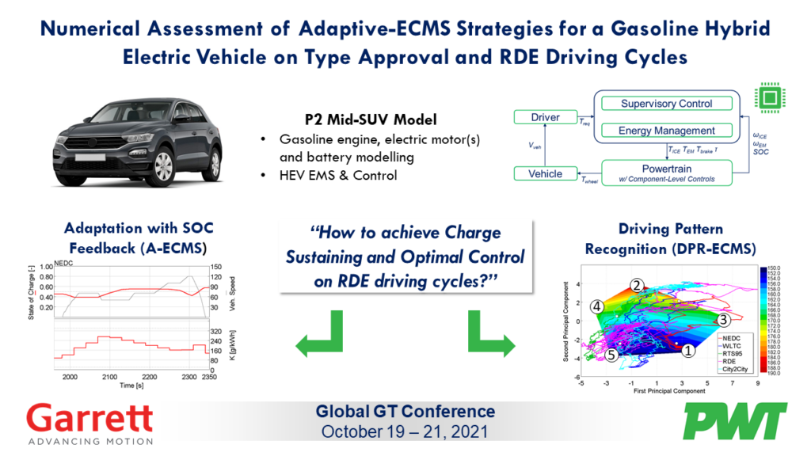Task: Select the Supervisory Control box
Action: click(x=666, y=104)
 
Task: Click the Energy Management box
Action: click(x=666, y=130)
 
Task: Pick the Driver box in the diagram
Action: click(x=544, y=117)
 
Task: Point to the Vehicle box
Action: click(x=544, y=173)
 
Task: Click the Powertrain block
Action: click(x=666, y=173)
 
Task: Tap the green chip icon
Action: click(x=768, y=98)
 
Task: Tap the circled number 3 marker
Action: click(x=722, y=320)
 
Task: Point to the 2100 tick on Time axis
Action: click(x=108, y=377)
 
